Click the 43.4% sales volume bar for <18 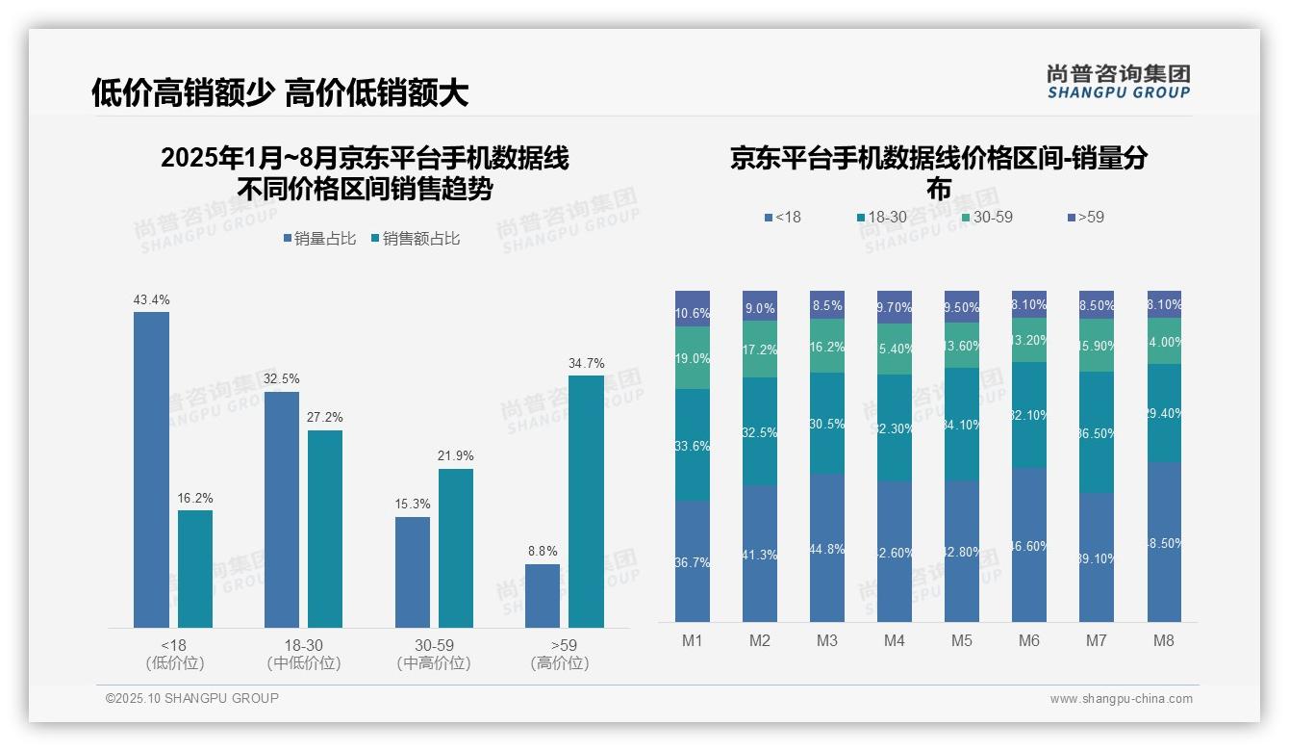click(x=151, y=470)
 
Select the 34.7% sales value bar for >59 click(x=586, y=502)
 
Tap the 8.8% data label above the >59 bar click(x=542, y=552)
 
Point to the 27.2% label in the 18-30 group click(x=325, y=418)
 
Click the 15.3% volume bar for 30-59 click(x=413, y=572)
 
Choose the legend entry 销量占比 click(x=321, y=239)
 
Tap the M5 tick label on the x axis click(x=962, y=641)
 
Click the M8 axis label click(x=1164, y=641)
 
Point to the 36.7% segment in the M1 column click(x=693, y=561)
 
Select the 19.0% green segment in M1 click(x=693, y=358)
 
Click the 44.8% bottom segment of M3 click(x=827, y=548)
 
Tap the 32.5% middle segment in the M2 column click(x=760, y=431)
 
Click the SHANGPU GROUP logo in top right click(x=1118, y=82)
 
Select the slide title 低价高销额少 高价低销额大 click(x=280, y=92)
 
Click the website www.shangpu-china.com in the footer click(x=1121, y=699)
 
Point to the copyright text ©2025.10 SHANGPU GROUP click(x=192, y=699)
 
